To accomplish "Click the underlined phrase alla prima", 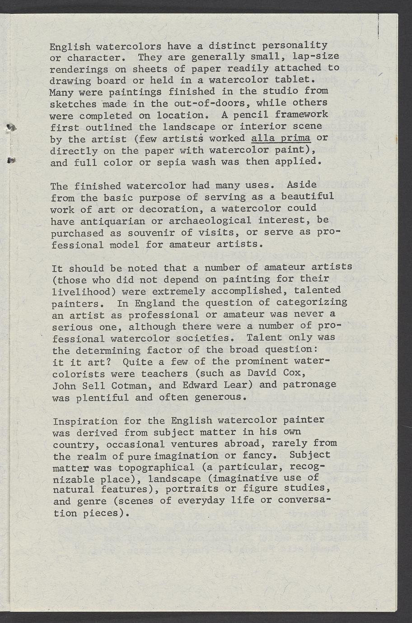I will pyautogui.click(x=281, y=138).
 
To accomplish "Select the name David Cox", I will pyautogui.click(x=277, y=373).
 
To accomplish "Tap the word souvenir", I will pyautogui.click(x=147, y=233).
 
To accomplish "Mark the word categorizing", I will pyautogui.click(x=311, y=302).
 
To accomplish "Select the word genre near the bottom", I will pyautogui.click(x=92, y=502).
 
